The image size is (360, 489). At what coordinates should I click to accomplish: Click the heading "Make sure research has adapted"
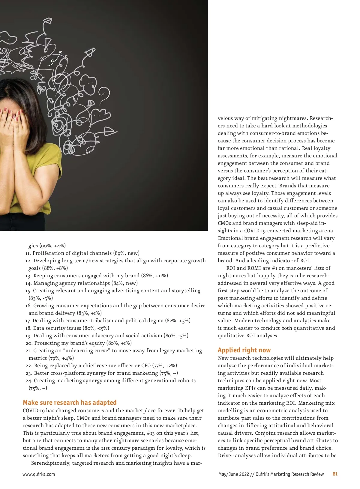click(x=70, y=402)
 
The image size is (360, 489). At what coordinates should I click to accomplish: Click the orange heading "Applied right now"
click(x=244, y=350)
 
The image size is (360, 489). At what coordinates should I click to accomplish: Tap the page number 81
click(x=335, y=474)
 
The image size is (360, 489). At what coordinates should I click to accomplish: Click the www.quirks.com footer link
click(x=39, y=474)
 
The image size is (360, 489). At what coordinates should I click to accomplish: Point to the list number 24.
click(x=29, y=380)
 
